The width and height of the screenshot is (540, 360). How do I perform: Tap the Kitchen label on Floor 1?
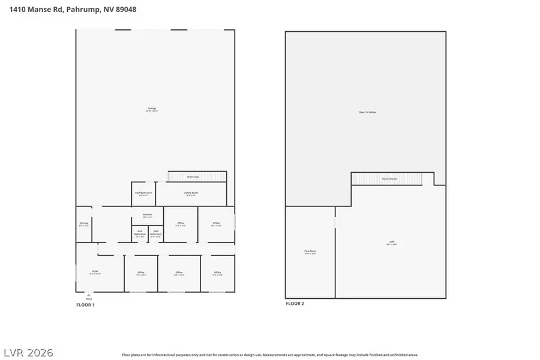tap(148, 215)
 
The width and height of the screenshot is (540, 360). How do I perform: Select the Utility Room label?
tap(191, 193)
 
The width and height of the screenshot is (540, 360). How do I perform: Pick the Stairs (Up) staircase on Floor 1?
tap(197, 176)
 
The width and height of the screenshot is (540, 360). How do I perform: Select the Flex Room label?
tap(310, 252)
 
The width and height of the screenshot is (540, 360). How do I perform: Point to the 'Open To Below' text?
tap(367, 112)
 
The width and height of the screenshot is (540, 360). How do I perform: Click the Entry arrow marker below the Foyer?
tap(89, 296)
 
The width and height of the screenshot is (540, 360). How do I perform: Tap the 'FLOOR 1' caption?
tap(85, 305)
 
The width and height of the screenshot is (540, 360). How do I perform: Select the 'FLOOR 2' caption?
tap(295, 304)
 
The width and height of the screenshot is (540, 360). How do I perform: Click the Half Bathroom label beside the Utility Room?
tap(145, 193)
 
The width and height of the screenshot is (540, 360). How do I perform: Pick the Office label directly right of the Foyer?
tap(141, 274)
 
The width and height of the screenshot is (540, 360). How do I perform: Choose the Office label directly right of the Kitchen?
tap(180, 224)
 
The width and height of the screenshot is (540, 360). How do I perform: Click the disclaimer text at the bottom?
tap(270, 355)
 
